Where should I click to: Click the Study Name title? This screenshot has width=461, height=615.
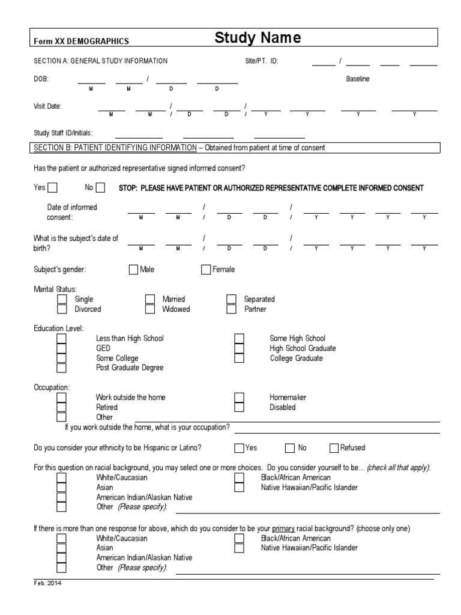[x=258, y=39]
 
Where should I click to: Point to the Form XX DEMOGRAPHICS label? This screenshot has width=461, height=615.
[x=81, y=41]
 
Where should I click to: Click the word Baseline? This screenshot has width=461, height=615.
[x=358, y=79]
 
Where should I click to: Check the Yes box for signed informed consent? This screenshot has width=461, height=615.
[x=53, y=188]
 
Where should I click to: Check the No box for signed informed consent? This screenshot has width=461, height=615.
[x=100, y=188]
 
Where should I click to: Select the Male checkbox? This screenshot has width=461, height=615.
[x=133, y=270]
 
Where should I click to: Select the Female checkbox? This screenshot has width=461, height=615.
[x=206, y=270]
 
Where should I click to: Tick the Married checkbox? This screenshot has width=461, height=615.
[x=150, y=299]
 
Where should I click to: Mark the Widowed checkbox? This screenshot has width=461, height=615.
[x=150, y=309]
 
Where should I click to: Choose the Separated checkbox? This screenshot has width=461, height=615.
[x=231, y=299]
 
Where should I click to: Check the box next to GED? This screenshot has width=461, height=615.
[x=61, y=348]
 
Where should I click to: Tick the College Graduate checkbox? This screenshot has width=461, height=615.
[x=239, y=359]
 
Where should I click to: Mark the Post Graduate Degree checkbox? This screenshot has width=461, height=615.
[x=61, y=368]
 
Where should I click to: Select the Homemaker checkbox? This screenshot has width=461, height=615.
[x=239, y=398]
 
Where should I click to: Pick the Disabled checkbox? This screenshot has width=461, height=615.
[x=239, y=407]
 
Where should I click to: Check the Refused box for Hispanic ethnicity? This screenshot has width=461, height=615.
[x=334, y=447]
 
